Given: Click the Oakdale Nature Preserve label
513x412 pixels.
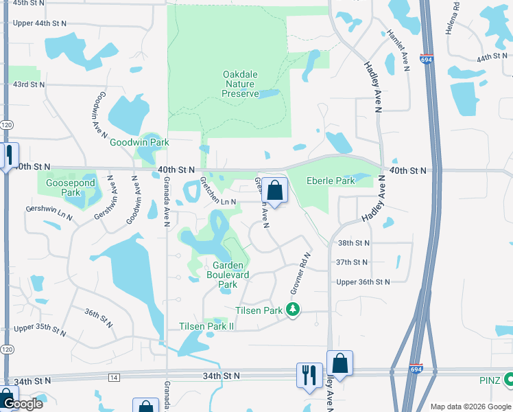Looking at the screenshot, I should click(x=240, y=84).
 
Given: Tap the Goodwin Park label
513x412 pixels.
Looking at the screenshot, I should click(x=139, y=143).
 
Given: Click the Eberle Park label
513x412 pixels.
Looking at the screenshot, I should click(x=330, y=181).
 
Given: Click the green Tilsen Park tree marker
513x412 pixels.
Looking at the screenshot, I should click(x=294, y=310).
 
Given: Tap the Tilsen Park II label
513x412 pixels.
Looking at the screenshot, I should click(x=206, y=326).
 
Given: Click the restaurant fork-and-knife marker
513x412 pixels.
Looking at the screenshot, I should click(x=309, y=375).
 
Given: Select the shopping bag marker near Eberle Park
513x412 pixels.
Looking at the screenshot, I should click(x=274, y=190).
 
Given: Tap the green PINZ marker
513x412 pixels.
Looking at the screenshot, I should click(x=509, y=378).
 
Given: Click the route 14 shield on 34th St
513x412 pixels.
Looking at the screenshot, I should click(x=113, y=378).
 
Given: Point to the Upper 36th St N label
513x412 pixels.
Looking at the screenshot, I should click(x=363, y=282).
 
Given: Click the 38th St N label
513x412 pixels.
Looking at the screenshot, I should click(x=353, y=243).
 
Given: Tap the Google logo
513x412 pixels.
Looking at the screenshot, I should click(x=23, y=404).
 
